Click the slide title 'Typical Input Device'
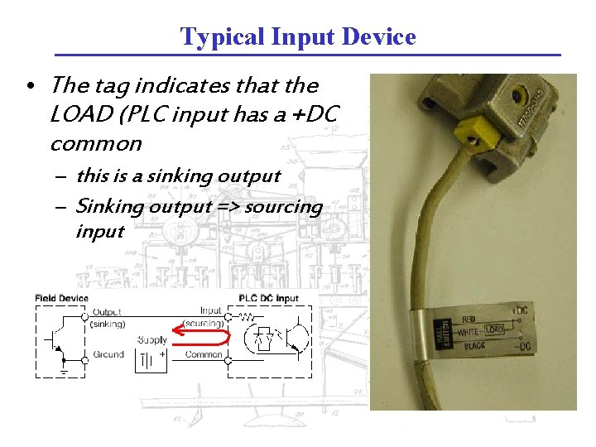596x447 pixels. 298,37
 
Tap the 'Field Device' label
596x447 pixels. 62,298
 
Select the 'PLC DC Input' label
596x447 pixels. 268,298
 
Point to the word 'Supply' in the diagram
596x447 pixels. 152,340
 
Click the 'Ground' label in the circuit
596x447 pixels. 108,354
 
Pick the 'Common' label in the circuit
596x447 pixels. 204,354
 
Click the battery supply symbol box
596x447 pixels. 152,359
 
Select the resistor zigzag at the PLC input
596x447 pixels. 247,317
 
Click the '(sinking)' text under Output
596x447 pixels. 108,324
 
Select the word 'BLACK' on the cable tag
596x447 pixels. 475,345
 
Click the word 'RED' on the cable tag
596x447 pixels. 469,317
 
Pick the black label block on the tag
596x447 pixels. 440,329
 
